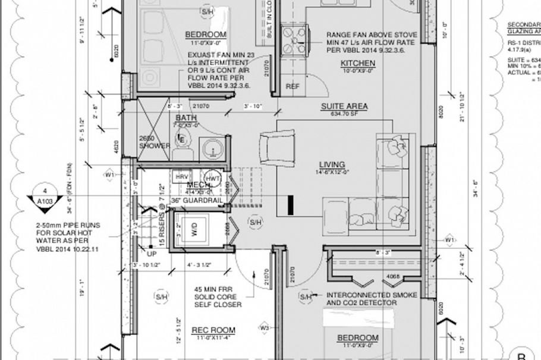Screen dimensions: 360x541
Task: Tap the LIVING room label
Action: pos(332,165)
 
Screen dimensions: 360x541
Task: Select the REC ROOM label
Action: pos(213,330)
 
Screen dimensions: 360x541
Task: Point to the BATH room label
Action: pos(185,118)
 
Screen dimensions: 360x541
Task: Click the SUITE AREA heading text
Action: pos(344,107)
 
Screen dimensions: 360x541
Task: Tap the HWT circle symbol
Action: pos(212,178)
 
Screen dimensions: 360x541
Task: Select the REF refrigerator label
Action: pos(292,86)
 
